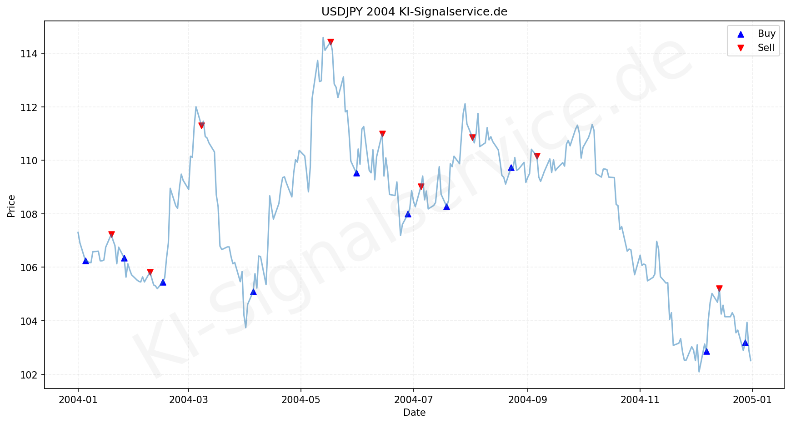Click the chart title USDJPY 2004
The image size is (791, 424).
click(x=414, y=12)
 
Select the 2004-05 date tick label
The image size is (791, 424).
click(x=300, y=399)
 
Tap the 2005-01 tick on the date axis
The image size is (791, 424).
click(x=752, y=399)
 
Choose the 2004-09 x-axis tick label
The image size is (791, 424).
click(x=527, y=399)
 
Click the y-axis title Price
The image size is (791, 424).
click(x=12, y=206)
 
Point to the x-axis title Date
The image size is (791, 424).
click(x=414, y=413)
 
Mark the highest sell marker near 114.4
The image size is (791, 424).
click(x=330, y=42)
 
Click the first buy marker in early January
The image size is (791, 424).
click(x=85, y=261)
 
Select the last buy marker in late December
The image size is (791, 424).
click(x=745, y=343)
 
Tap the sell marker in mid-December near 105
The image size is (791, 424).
click(x=719, y=288)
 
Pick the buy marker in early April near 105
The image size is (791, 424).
click(x=253, y=292)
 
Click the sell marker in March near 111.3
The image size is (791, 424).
click(x=201, y=126)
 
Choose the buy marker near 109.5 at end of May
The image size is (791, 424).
click(x=356, y=173)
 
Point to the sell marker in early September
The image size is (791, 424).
click(x=537, y=156)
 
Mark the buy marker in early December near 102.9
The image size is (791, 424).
click(x=706, y=351)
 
